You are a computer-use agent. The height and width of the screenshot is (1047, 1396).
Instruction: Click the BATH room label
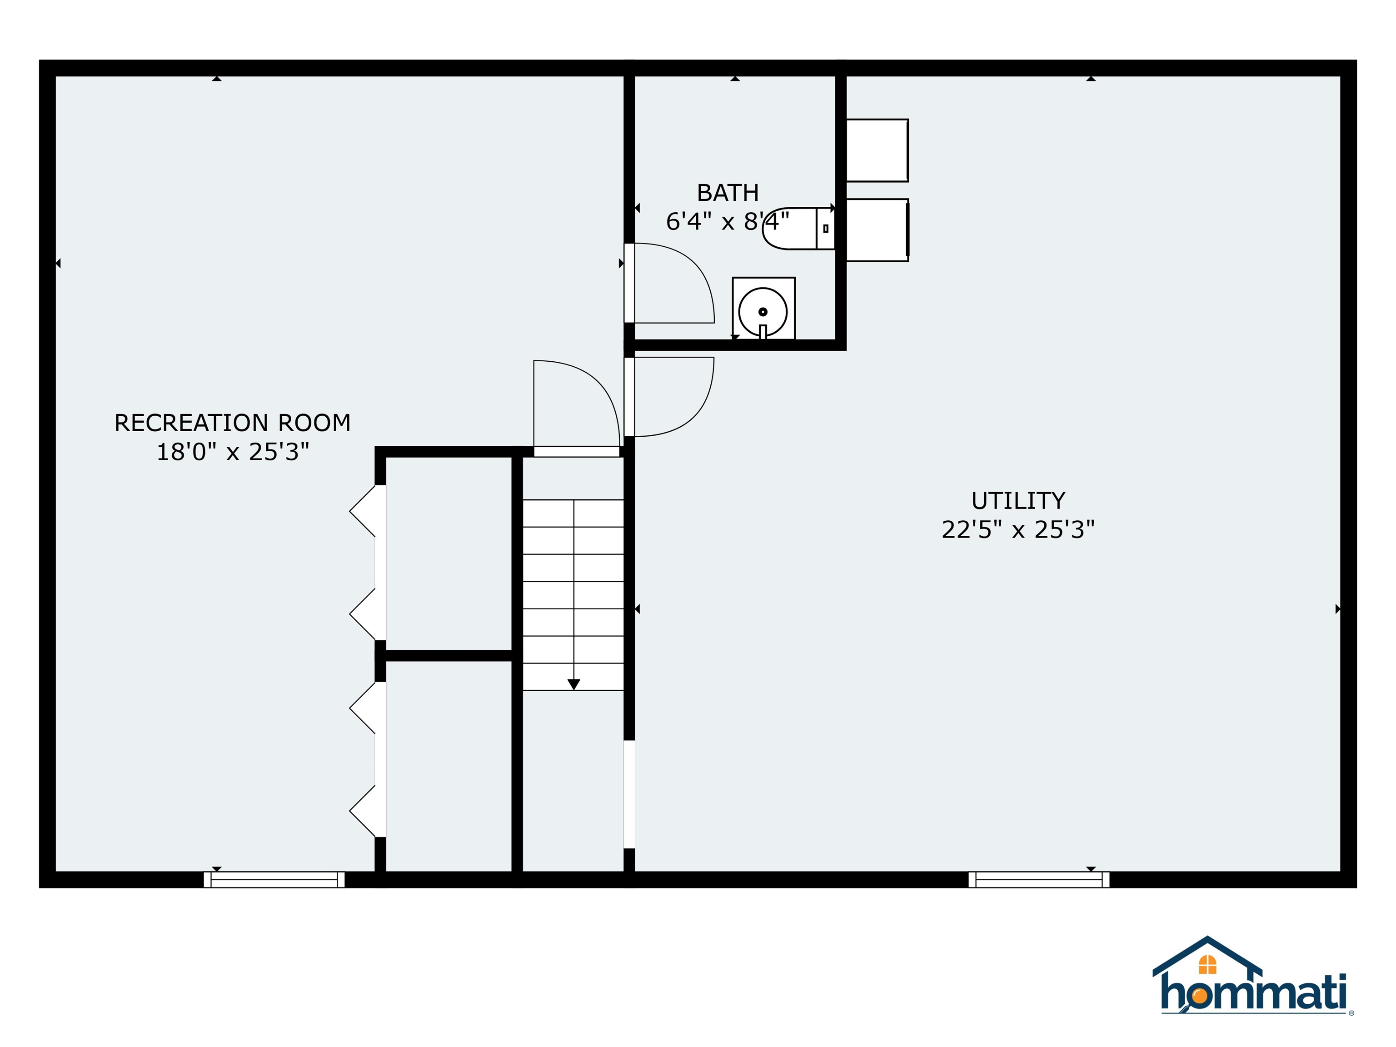[x=727, y=193]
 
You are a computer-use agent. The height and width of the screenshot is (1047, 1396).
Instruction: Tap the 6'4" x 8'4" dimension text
[x=727, y=221]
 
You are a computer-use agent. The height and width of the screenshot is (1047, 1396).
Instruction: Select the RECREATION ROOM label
[x=232, y=423]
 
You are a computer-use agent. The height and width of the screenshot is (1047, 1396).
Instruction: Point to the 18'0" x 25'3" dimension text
[x=232, y=452]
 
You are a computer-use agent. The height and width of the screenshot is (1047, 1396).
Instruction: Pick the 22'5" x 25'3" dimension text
[x=1017, y=529]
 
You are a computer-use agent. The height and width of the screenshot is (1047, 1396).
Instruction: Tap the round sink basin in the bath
[x=763, y=312]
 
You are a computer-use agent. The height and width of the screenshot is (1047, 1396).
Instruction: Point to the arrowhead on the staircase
[x=573, y=684]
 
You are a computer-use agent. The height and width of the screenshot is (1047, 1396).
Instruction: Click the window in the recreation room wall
[x=274, y=880]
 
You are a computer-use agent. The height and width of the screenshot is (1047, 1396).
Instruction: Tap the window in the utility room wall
[x=1039, y=880]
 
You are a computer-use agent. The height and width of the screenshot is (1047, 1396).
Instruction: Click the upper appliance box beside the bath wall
[x=877, y=150]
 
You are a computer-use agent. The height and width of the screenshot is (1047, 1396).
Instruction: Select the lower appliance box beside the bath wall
[x=877, y=230]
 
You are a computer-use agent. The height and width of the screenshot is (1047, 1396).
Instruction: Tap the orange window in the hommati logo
[x=1207, y=965]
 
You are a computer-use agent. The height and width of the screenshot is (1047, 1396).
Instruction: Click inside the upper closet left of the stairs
[x=448, y=552]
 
